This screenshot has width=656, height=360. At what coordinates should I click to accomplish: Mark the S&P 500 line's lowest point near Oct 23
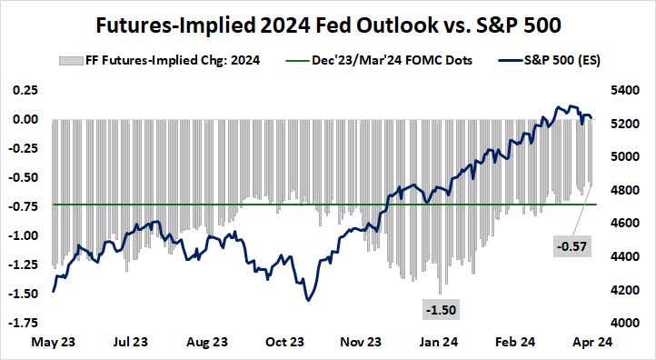308,300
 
